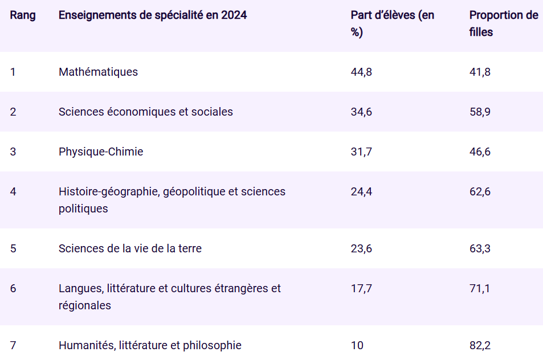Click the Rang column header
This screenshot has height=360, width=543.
point(23,15)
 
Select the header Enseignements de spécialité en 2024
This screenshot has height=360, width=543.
point(153,15)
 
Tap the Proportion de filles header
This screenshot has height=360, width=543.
point(503,23)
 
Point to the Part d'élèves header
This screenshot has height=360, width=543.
point(392,23)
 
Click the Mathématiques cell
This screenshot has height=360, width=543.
point(98,72)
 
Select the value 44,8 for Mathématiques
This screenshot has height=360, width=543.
point(361,72)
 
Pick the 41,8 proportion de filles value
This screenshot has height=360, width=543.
point(480,72)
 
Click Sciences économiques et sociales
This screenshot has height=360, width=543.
point(145,112)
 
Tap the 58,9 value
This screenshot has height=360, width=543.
point(480,112)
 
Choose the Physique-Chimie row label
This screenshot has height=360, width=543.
point(101,152)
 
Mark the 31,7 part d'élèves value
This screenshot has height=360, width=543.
point(361,152)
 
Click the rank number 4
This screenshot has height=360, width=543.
point(13,191)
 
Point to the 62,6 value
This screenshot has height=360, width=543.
point(480,191)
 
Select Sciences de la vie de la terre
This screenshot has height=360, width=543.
point(130,248)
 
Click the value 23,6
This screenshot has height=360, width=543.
point(361,248)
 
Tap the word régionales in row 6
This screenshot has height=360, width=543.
point(84,305)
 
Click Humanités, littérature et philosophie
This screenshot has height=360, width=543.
point(150,345)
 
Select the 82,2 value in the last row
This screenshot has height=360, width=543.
point(480,345)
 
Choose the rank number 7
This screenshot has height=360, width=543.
point(13,345)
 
